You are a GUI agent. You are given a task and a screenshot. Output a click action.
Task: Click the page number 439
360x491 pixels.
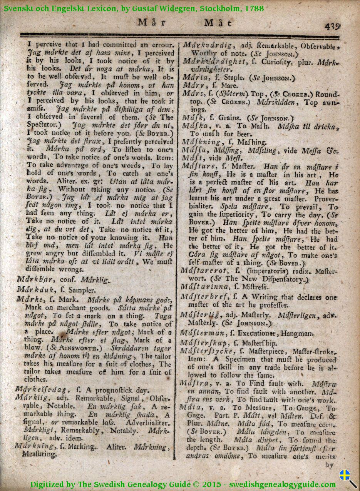[332, 26]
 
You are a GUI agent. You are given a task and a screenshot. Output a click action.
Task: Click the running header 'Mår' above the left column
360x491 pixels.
[152, 22]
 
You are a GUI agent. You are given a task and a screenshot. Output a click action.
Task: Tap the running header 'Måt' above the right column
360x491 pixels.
[218, 23]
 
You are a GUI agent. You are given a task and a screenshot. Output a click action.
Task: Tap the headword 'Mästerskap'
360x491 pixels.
[204, 342]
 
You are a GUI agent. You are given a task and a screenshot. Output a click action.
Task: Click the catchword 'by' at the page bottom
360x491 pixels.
[330, 464]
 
